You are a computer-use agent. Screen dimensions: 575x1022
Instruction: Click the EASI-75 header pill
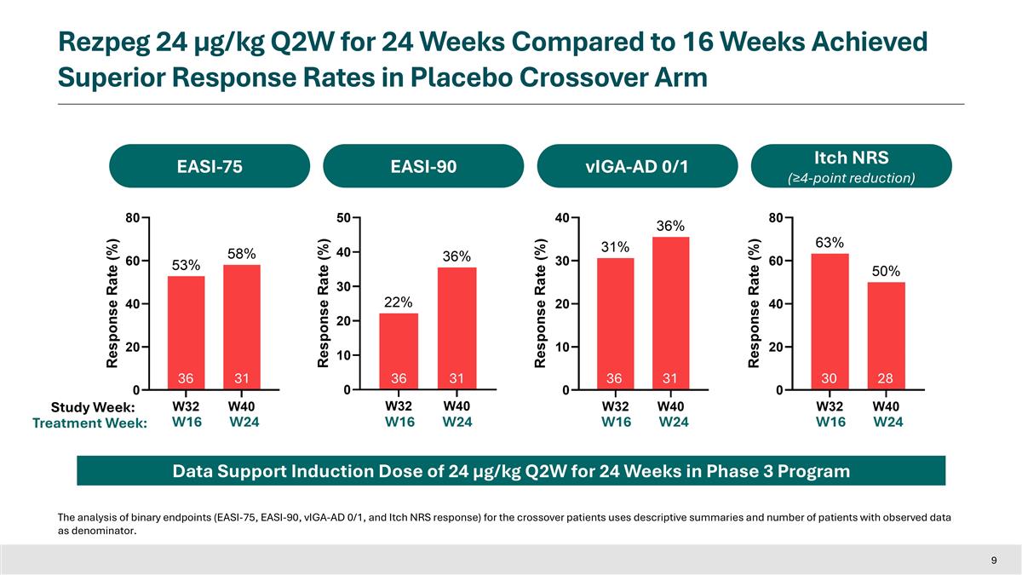(209, 166)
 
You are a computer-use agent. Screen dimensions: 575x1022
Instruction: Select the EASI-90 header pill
(422, 166)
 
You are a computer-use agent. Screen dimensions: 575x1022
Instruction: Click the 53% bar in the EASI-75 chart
(186, 332)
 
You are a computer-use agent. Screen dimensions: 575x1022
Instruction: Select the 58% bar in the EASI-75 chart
(242, 327)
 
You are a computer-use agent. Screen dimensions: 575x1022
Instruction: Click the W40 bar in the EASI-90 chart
(456, 328)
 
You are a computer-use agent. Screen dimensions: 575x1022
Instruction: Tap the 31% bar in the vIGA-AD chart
(615, 324)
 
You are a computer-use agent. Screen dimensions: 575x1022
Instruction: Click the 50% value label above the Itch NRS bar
(887, 271)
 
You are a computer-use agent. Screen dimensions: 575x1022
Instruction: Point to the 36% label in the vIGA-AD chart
(669, 225)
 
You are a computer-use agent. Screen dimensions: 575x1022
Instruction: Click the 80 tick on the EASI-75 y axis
(131, 218)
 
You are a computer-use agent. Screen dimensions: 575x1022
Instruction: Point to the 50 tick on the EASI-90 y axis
(344, 218)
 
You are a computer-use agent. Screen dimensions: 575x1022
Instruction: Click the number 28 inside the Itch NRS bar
(887, 377)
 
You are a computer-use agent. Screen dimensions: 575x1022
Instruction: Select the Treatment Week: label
(89, 423)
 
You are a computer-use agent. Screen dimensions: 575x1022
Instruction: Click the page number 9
(994, 560)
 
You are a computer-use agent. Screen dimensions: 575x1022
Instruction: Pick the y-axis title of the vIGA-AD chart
(540, 303)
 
